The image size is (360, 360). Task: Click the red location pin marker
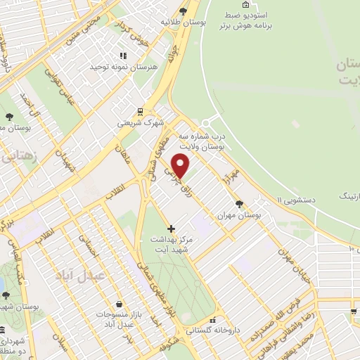coord(181,166)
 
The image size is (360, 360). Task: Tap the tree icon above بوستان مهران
coord(240,203)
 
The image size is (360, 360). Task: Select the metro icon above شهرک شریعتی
coord(141,111)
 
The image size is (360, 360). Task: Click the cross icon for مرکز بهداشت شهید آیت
coord(171,229)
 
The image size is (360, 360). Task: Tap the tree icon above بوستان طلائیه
coord(183,10)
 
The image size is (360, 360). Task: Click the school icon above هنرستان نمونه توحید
coord(122,56)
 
